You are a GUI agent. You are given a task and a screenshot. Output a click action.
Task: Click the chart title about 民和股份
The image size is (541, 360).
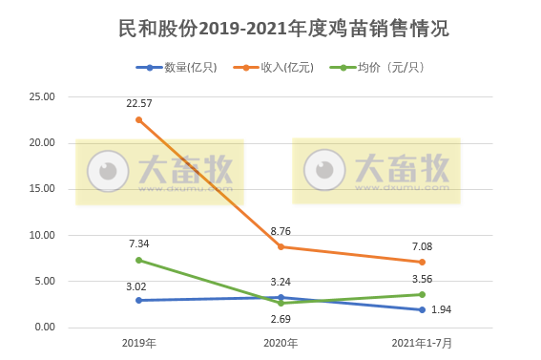[x=270, y=29]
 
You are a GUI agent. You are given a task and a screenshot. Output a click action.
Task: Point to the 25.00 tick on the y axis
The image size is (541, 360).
[x=43, y=97]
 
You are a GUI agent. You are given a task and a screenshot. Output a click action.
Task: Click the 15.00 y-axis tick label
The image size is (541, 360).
[x=43, y=189]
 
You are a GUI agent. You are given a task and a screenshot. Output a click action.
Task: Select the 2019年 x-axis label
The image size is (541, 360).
[x=139, y=343]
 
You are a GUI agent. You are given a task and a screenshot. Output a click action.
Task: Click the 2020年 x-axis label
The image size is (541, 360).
[x=281, y=343]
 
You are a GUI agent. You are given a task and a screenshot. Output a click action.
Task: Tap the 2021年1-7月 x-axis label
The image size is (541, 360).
[x=422, y=343]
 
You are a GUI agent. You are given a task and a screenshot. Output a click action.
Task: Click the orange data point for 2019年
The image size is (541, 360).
[x=139, y=119]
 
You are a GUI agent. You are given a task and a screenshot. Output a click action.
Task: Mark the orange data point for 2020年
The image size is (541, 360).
[x=281, y=246]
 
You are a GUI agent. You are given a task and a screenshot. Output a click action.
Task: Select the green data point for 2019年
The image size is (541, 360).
[x=139, y=260]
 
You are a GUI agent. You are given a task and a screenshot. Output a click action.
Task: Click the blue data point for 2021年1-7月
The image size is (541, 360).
[x=422, y=309]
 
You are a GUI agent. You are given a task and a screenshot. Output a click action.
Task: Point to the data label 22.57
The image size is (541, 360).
[x=139, y=103]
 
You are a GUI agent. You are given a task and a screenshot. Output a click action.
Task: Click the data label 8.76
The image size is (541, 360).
[x=281, y=230]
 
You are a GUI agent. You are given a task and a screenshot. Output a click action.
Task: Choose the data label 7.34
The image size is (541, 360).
[x=139, y=244]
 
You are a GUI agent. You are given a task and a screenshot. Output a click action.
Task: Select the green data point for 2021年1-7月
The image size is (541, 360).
[x=422, y=294]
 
